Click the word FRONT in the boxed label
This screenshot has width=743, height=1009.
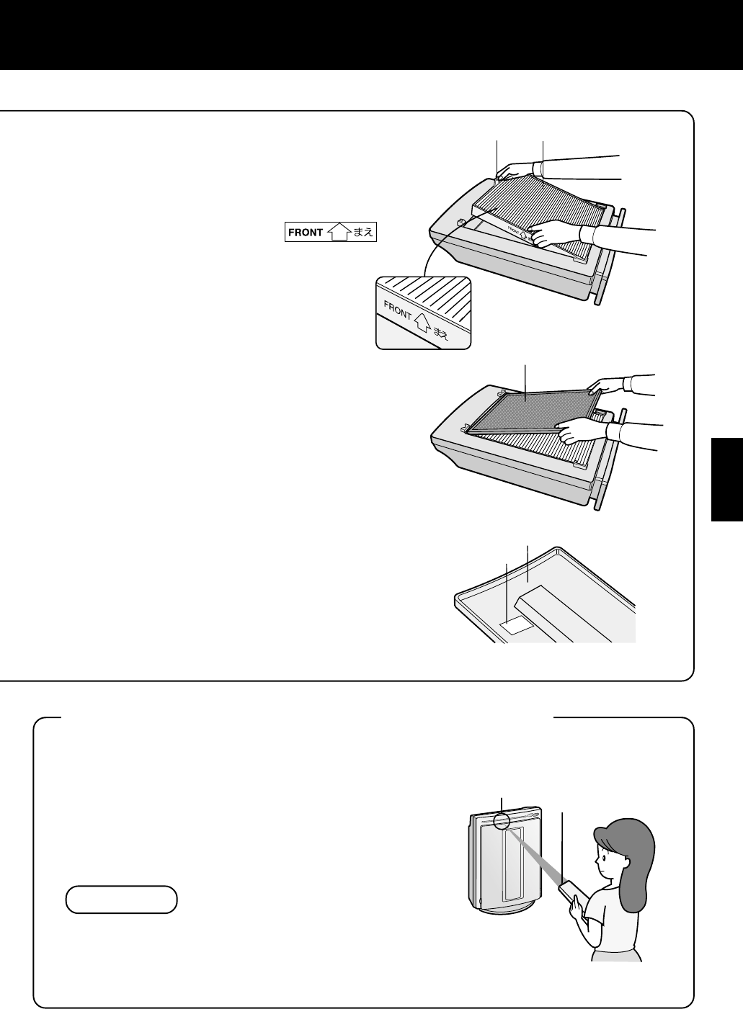[306, 233]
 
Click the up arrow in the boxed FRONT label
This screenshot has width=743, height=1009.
[338, 233]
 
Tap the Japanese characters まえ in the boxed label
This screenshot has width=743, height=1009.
[362, 233]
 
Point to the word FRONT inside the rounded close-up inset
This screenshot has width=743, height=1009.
[398, 310]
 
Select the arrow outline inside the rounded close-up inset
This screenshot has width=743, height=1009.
[421, 323]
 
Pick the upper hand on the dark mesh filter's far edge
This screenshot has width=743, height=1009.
[606, 387]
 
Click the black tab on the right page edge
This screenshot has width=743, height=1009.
[726, 479]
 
